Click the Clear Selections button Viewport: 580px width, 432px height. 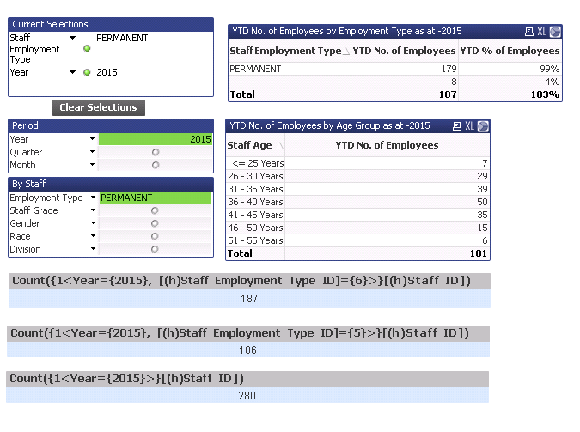coord(98,107)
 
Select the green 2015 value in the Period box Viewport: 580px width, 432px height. coord(199,139)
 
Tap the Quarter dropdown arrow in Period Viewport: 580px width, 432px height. coord(92,152)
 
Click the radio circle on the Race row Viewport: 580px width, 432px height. coord(155,236)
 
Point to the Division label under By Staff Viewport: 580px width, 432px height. coord(25,249)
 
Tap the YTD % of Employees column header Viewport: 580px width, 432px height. coord(510,51)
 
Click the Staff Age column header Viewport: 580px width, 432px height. coord(251,145)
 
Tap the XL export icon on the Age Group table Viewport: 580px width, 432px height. coord(469,125)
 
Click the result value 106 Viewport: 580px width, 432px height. coord(247,350)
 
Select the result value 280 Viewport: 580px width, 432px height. coord(247,395)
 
